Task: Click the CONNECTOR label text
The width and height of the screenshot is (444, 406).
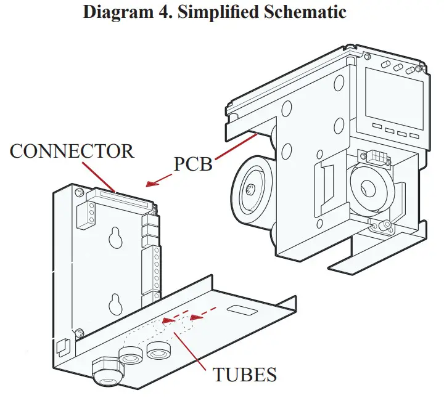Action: coord(72,151)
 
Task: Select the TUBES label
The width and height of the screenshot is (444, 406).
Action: coord(245,374)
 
